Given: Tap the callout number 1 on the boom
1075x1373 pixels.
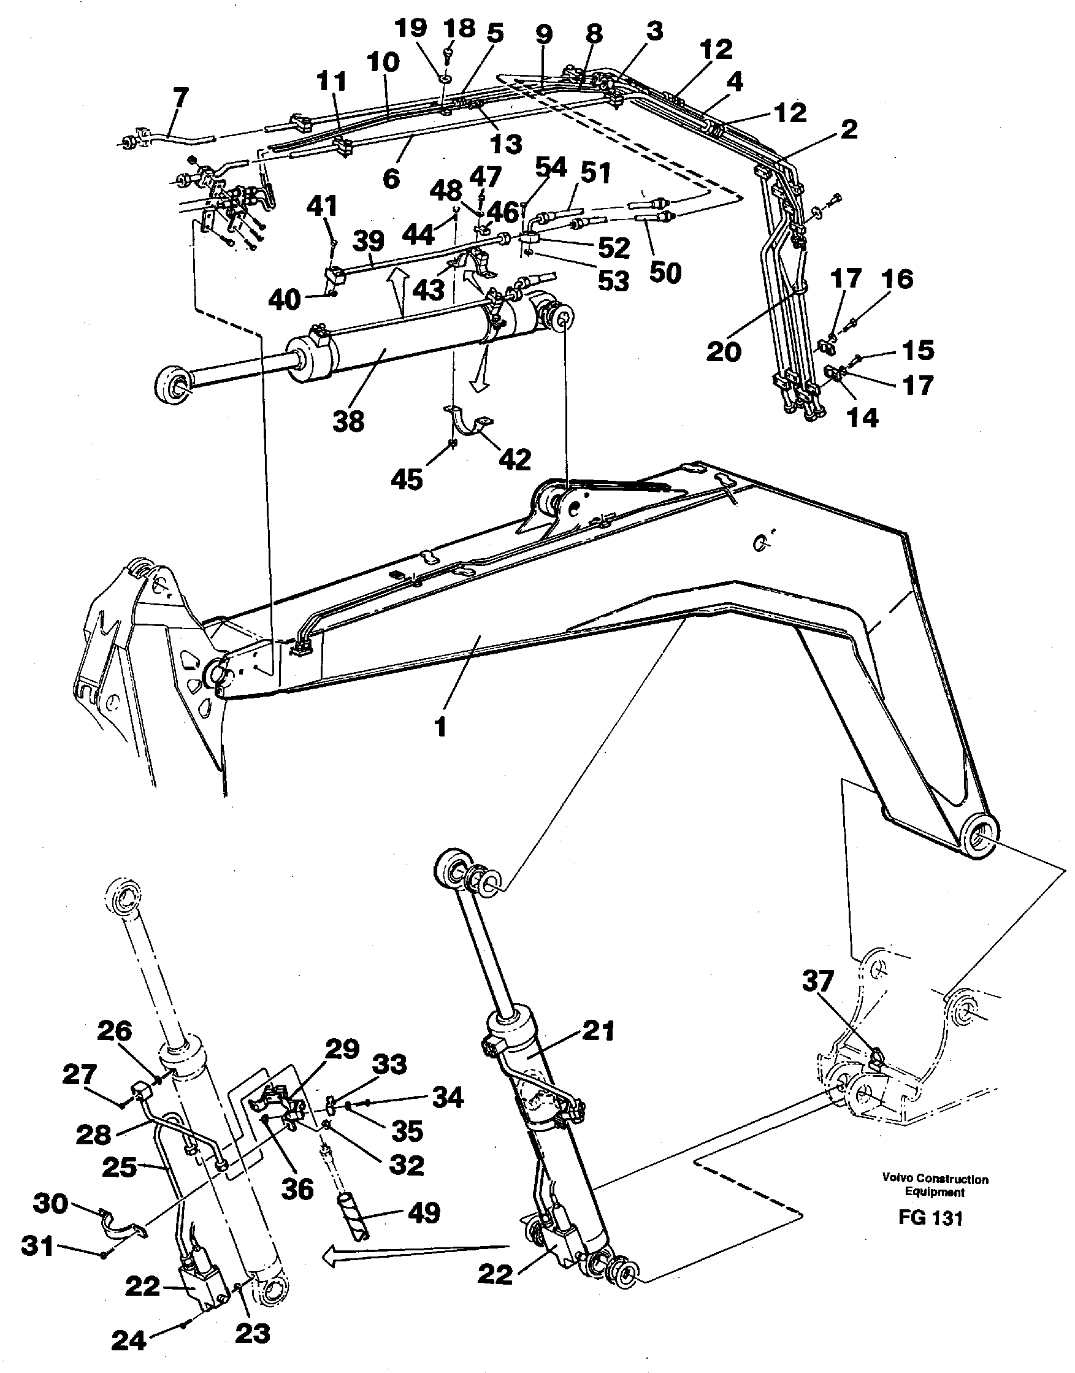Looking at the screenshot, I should [440, 727].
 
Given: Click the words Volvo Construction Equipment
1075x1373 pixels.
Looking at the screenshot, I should [935, 1185].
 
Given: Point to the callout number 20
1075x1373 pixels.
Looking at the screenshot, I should [723, 351].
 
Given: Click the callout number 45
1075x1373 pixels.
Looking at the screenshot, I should [407, 480].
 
